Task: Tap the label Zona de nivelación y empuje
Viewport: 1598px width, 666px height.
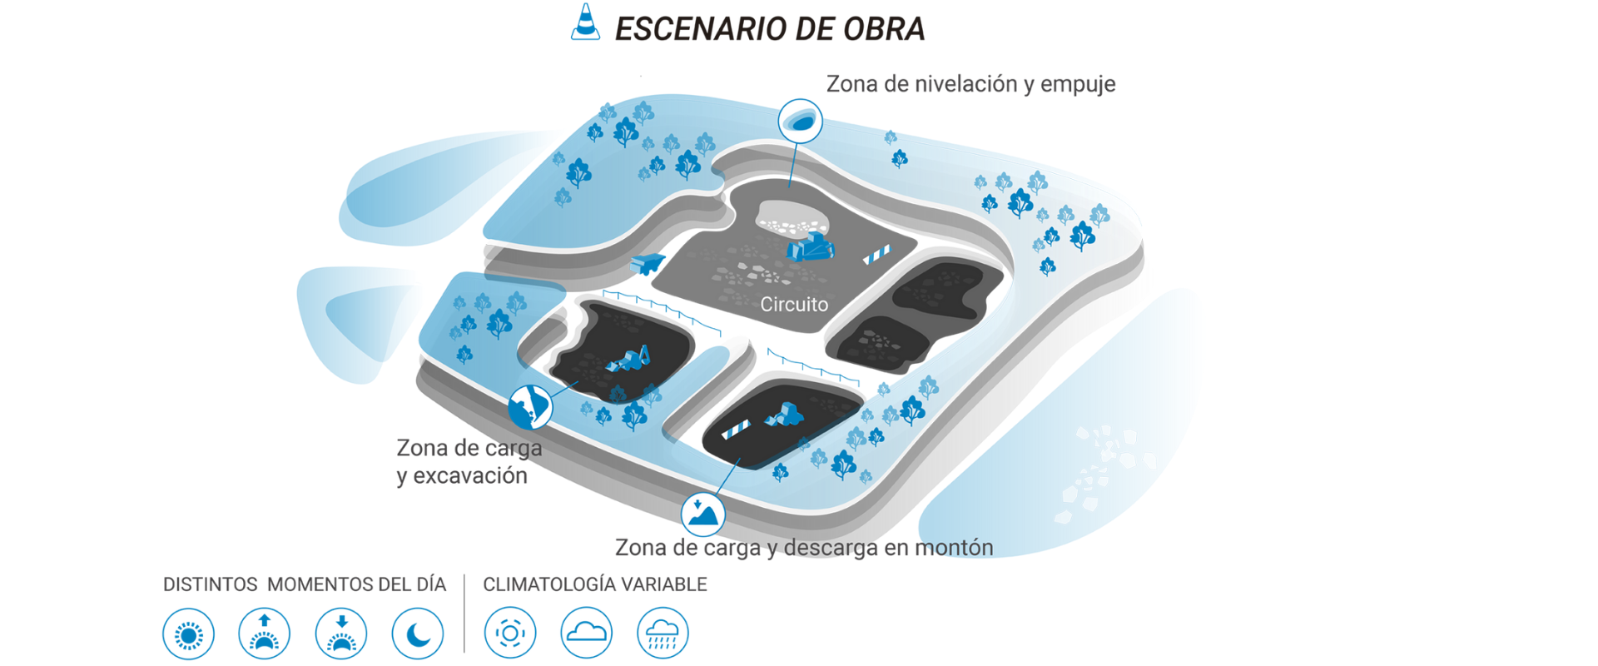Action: [970, 84]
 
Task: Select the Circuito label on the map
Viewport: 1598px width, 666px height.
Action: [794, 305]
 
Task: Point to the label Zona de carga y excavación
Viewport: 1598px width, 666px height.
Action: [469, 462]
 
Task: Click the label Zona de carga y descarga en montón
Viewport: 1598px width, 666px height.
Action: [804, 548]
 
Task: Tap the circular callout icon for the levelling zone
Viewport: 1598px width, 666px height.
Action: [801, 122]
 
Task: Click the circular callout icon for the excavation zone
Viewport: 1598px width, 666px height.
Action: [530, 407]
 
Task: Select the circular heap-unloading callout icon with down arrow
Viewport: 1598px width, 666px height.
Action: [703, 514]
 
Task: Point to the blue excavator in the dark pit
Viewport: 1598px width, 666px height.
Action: [629, 360]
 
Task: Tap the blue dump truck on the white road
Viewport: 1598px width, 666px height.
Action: [648, 263]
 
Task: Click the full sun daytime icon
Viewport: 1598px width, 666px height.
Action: [188, 634]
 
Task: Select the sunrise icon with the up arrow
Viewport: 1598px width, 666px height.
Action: [265, 634]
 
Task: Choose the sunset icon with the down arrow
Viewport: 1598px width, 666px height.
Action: [341, 634]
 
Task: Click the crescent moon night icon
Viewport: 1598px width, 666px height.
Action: [418, 634]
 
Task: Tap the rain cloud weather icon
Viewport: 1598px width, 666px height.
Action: [663, 634]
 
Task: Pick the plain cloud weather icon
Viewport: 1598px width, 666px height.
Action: [586, 634]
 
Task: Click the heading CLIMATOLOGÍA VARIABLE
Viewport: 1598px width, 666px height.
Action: [595, 584]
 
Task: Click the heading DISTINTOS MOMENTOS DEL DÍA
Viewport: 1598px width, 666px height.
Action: [305, 584]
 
